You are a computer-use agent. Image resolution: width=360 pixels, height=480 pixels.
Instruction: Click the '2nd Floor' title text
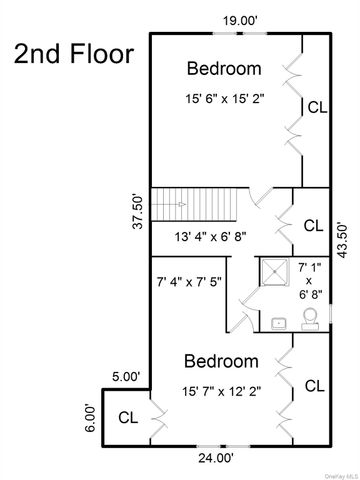73,53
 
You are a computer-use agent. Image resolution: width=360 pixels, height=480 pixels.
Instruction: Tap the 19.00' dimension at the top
240,21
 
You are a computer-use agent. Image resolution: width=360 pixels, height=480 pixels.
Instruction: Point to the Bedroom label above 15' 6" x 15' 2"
225,69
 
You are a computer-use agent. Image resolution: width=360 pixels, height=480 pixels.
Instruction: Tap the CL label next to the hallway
313,225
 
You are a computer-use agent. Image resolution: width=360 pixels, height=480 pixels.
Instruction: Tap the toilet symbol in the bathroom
311,318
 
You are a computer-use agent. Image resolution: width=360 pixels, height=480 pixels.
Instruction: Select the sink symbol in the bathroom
279,323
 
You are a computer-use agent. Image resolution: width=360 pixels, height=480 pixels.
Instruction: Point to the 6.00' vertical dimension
90,417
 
